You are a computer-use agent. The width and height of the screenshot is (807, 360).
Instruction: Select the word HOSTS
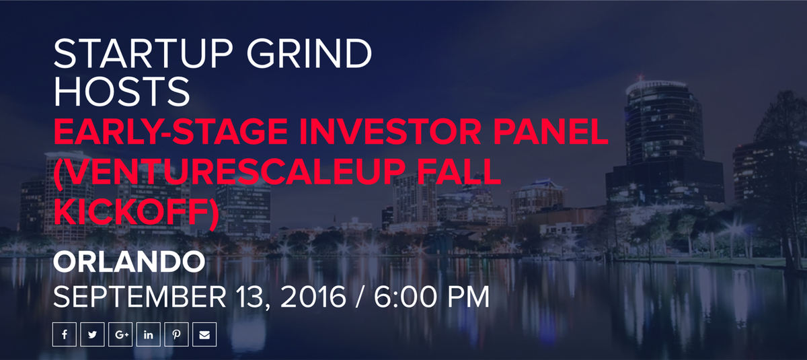(x=122, y=92)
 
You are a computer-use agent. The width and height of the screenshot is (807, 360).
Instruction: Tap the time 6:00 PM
(x=431, y=297)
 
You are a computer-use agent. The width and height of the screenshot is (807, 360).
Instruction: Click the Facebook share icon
(x=65, y=334)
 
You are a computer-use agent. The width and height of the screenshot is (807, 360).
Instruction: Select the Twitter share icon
(x=92, y=334)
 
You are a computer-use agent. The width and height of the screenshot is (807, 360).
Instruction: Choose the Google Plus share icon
(x=120, y=334)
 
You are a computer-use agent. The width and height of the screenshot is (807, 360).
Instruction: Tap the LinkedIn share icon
(x=148, y=334)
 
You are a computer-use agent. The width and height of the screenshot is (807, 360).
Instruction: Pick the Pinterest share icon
(x=176, y=334)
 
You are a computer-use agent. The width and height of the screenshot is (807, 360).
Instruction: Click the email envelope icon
(x=204, y=334)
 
